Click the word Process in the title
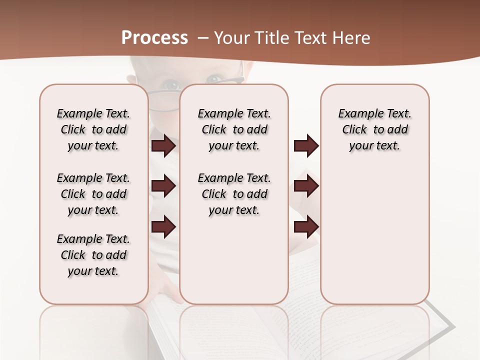154,38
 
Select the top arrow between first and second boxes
163,145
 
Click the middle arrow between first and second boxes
163,186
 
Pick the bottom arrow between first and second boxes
163,226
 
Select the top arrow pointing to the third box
306,145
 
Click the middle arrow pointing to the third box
306,186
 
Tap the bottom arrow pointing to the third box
306,226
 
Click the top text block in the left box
93,129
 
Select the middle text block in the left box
93,194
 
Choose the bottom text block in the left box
93,255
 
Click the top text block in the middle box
234,129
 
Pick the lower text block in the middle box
234,194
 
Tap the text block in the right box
374,129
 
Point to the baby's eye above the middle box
215,78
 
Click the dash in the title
203,38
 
